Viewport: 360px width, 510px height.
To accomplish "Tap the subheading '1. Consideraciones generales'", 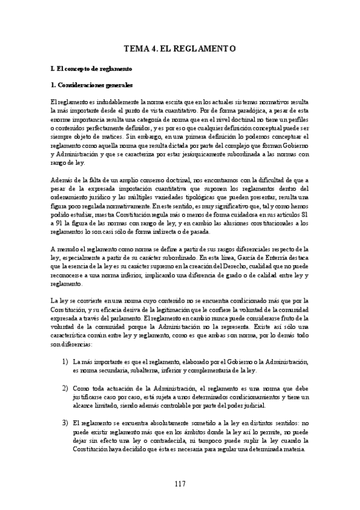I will [91, 85].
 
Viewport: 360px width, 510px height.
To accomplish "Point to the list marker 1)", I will [64, 362].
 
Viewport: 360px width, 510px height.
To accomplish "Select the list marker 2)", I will [64, 389].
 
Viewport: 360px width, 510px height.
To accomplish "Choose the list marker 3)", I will [64, 423].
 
